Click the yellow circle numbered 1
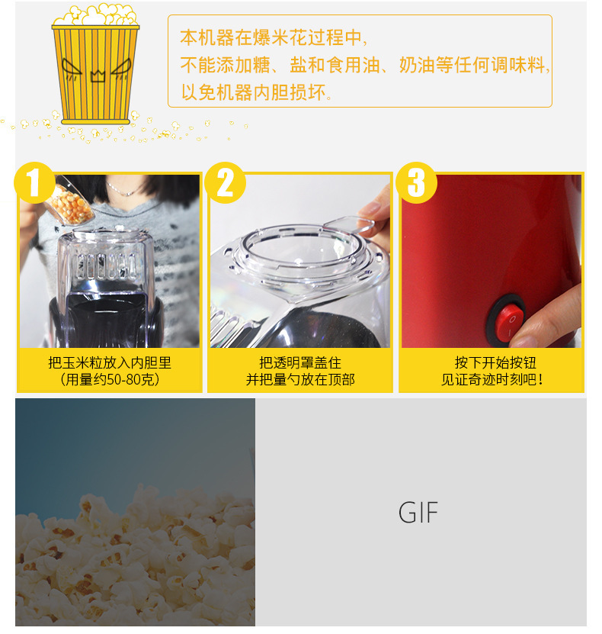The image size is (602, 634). pyautogui.click(x=35, y=183)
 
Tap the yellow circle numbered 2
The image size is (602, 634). pyautogui.click(x=226, y=183)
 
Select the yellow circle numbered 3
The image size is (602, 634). pyautogui.click(x=416, y=183)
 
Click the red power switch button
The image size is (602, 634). pyautogui.click(x=509, y=323)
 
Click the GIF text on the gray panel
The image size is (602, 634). pyautogui.click(x=418, y=512)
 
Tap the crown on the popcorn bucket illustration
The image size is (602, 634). pyautogui.click(x=98, y=75)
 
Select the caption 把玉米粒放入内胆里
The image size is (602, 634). pyautogui.click(x=110, y=362)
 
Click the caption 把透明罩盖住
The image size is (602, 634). pyautogui.click(x=300, y=362)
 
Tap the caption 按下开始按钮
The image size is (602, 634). pyautogui.click(x=495, y=362)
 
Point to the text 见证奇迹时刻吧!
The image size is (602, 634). pyautogui.click(x=492, y=379)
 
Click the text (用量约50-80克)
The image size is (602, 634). pyautogui.click(x=110, y=379)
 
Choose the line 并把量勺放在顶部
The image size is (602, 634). pyautogui.click(x=300, y=379)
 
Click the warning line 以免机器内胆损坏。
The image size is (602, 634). pyautogui.click(x=257, y=92)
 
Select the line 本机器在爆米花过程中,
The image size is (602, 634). pyautogui.click(x=274, y=37)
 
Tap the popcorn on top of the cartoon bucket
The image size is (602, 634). pyautogui.click(x=96, y=15)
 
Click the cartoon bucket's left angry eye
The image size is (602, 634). pyautogui.click(x=72, y=68)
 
